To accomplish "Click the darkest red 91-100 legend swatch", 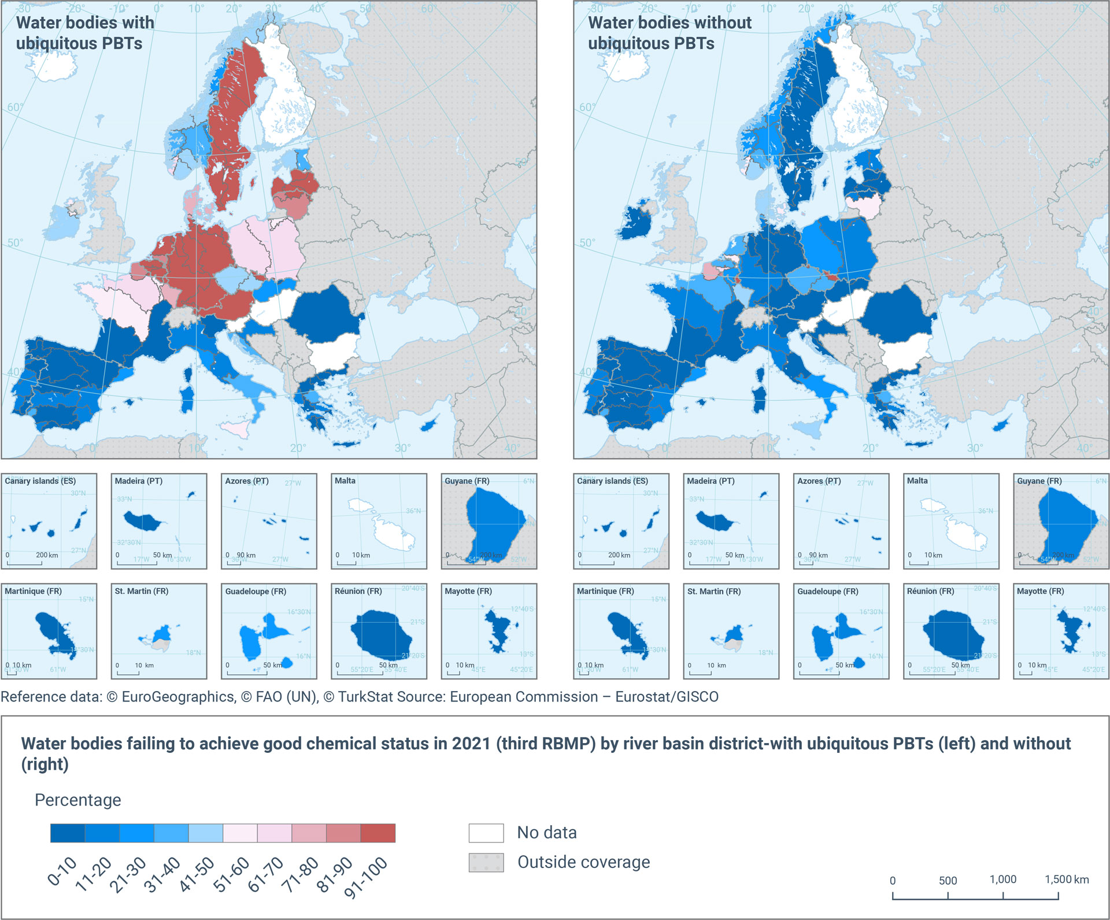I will (x=378, y=833).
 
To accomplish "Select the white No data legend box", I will (x=486, y=833).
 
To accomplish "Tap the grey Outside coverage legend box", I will (x=486, y=862).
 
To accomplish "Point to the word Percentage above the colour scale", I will (x=78, y=800).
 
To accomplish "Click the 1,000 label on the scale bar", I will (x=1002, y=880).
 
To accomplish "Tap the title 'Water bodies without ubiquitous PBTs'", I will (x=669, y=32).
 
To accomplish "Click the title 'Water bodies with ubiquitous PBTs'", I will (x=85, y=32).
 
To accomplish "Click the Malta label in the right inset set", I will (x=917, y=481).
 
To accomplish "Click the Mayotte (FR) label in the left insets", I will (x=468, y=591).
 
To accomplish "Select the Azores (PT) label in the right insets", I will (x=819, y=481).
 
